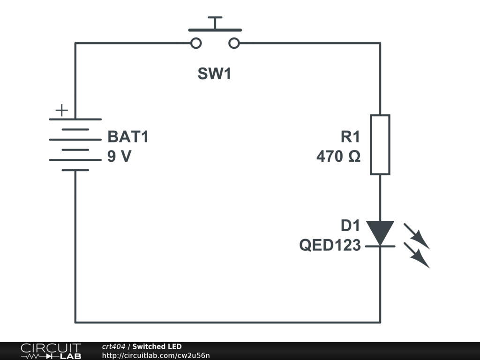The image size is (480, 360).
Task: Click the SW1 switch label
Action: click(214, 74)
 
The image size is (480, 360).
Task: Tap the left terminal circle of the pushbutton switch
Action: click(196, 43)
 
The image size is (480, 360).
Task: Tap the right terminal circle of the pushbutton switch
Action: click(234, 43)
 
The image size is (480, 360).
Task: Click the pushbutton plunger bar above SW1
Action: click(215, 30)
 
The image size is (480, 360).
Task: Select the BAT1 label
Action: click(128, 136)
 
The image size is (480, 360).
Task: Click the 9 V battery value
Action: click(120, 156)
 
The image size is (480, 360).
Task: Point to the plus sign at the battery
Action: click(62, 110)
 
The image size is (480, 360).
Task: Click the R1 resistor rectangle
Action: click(380, 145)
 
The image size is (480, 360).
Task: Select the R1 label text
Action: click(351, 136)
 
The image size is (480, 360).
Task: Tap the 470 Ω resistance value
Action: click(338, 156)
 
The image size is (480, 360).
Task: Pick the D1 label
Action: click(351, 225)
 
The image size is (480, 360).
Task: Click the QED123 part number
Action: click(330, 245)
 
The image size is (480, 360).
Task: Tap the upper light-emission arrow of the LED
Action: click(417, 236)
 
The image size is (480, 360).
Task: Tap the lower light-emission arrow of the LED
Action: click(417, 255)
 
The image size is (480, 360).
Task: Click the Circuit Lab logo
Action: click(51, 351)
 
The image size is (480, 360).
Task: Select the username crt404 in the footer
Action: click(113, 346)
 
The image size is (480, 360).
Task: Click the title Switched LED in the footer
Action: click(157, 346)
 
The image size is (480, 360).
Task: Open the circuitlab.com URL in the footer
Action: click(156, 355)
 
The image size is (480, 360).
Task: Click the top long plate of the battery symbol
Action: click(75, 119)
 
